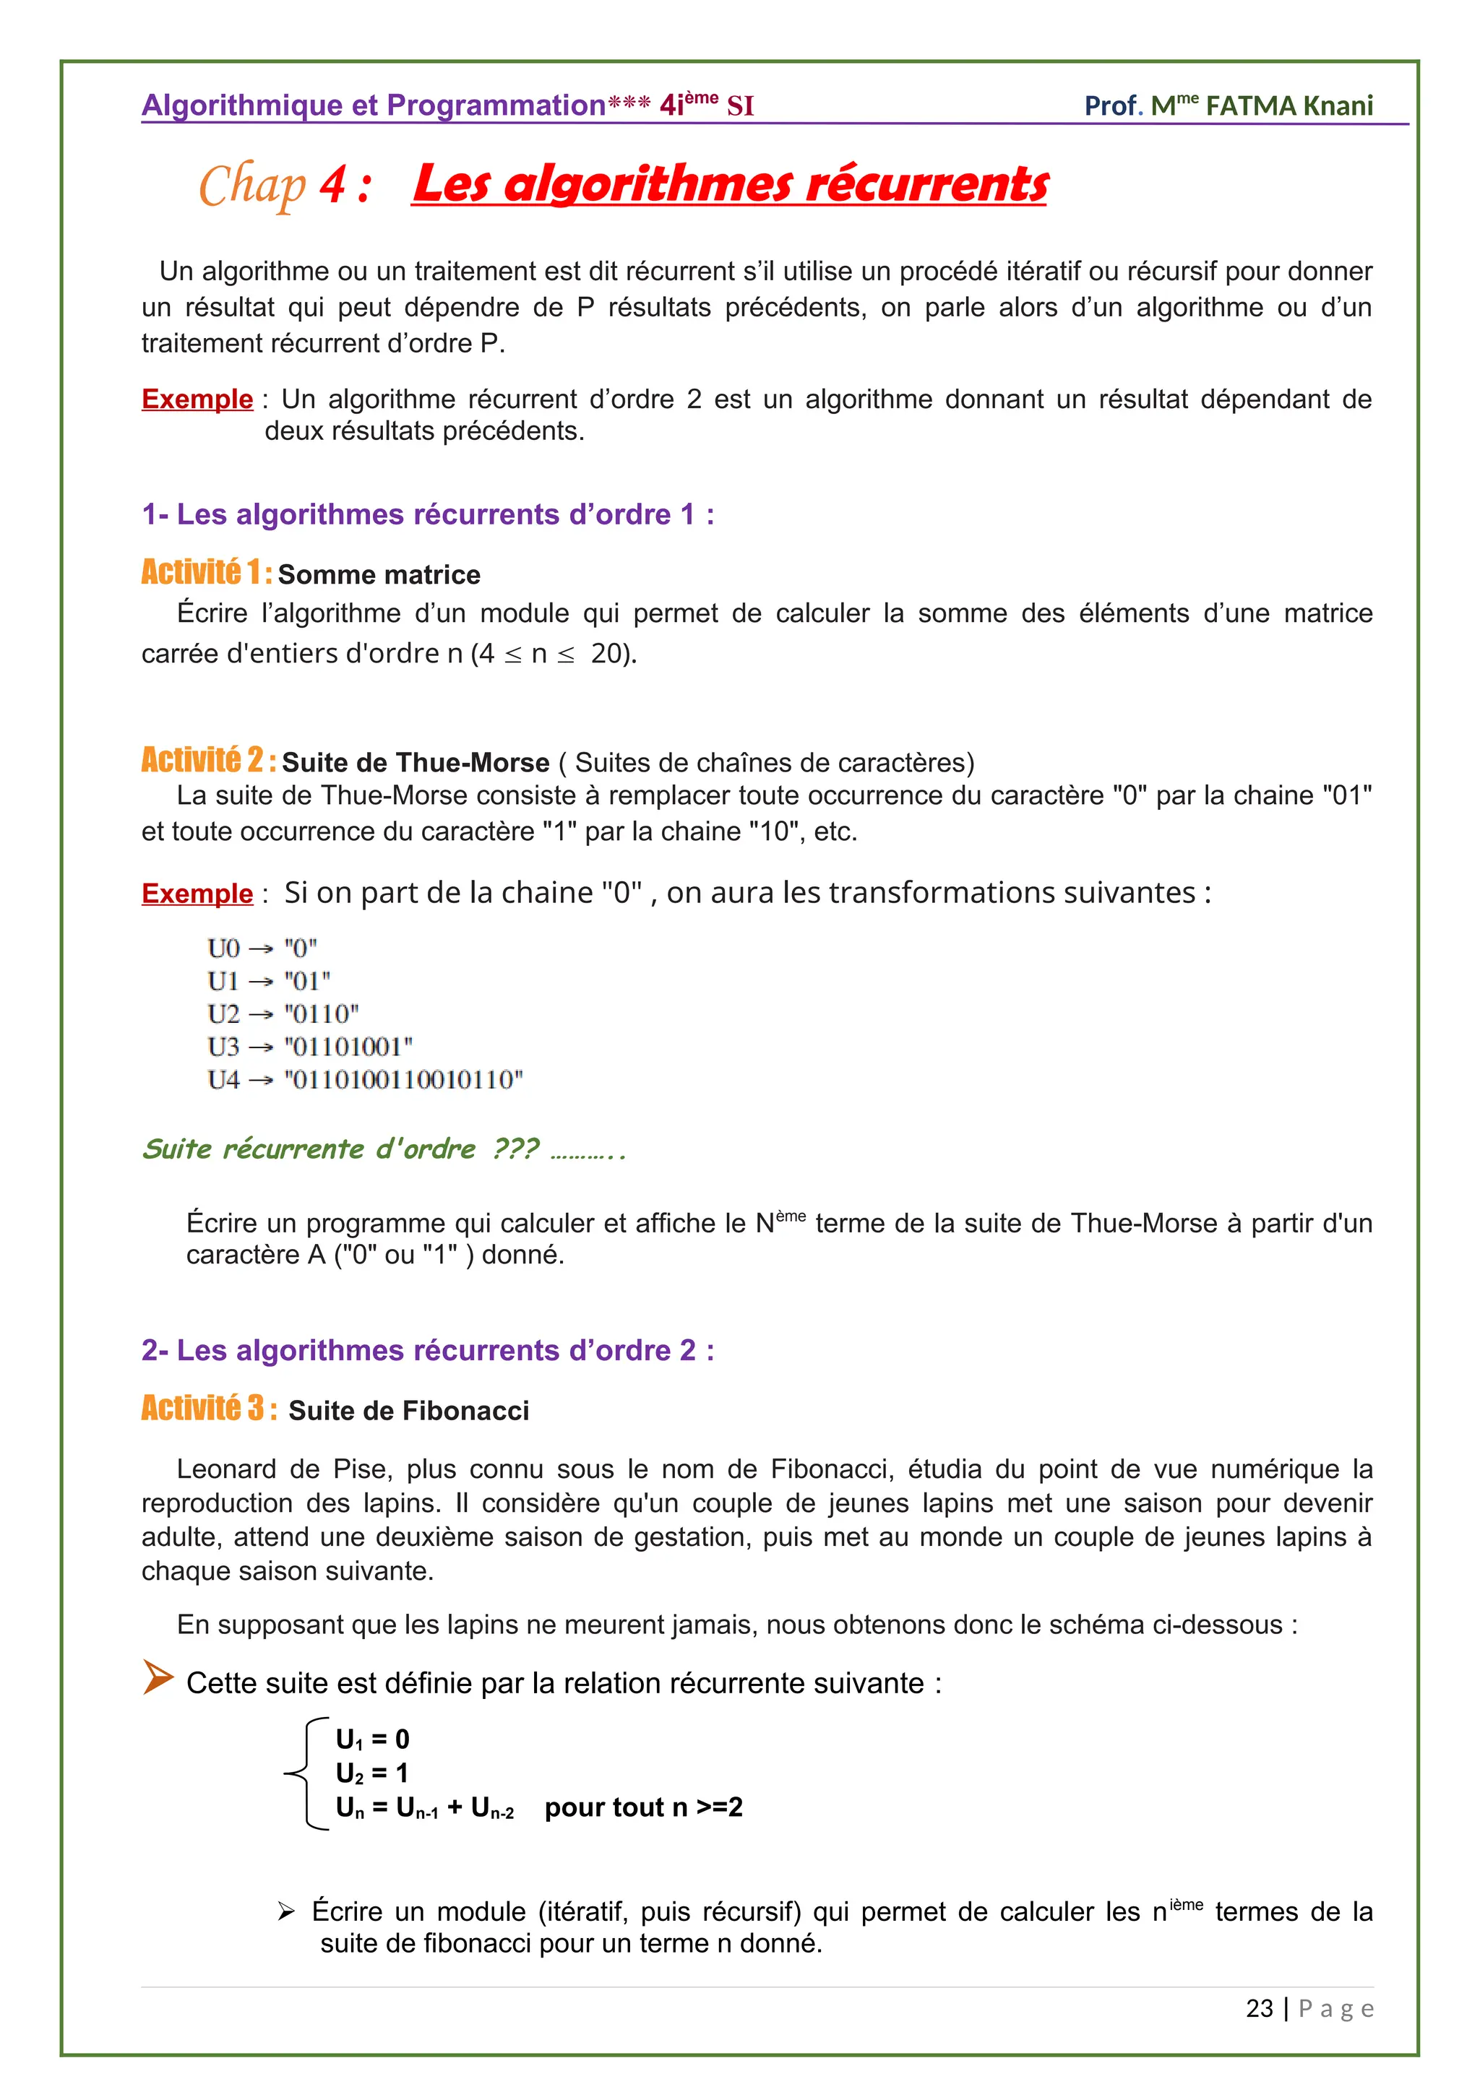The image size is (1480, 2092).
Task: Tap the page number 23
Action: (1259, 2008)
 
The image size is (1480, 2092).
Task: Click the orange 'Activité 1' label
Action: (206, 572)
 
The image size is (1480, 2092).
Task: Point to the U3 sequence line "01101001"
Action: (348, 1047)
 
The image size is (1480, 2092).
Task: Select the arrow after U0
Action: (261, 949)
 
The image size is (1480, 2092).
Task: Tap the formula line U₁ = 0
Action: (372, 1739)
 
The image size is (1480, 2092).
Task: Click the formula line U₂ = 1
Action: (372, 1773)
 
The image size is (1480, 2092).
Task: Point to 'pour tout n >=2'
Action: (643, 1807)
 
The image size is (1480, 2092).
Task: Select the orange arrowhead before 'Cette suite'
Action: (158, 1677)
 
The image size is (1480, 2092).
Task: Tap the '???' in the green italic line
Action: (515, 1149)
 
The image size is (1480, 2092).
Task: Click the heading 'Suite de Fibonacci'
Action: (408, 1412)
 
